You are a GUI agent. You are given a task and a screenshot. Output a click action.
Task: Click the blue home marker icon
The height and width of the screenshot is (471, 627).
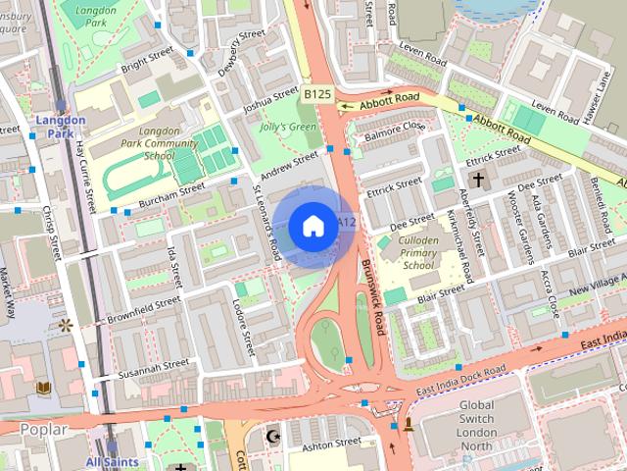(313, 227)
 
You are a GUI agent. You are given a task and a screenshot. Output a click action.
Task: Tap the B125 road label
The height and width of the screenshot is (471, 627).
(315, 94)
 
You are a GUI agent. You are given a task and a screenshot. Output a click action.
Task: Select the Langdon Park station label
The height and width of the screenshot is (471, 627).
(61, 127)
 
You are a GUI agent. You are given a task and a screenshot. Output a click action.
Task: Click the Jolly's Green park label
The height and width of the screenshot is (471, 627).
(288, 127)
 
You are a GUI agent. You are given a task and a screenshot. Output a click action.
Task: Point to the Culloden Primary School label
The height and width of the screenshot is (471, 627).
(418, 252)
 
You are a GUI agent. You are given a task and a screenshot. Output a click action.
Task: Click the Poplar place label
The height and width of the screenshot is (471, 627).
(42, 430)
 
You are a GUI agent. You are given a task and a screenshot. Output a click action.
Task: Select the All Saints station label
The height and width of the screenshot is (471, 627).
(112, 461)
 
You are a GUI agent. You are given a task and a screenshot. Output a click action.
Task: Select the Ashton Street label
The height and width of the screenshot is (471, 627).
(330, 445)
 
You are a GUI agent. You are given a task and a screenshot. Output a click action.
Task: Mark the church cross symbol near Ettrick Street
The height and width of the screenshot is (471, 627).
(478, 180)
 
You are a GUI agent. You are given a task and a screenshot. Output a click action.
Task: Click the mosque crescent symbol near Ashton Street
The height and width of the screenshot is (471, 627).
(274, 435)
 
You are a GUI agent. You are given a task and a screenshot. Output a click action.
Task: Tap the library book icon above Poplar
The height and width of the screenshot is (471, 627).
(43, 390)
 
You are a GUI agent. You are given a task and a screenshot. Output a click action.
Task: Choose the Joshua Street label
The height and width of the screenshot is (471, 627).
(270, 101)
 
